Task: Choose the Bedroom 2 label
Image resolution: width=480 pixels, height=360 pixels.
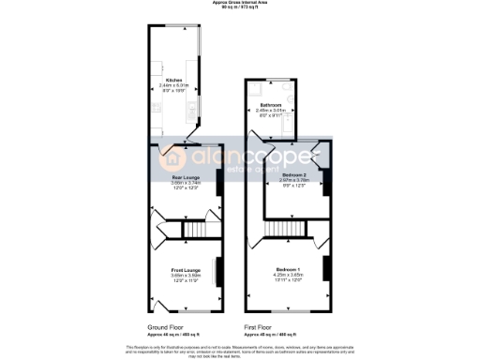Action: click(x=295, y=174)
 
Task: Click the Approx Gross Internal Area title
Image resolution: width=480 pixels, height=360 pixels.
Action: click(x=240, y=5)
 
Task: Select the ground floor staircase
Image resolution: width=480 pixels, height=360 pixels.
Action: click(x=194, y=230)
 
